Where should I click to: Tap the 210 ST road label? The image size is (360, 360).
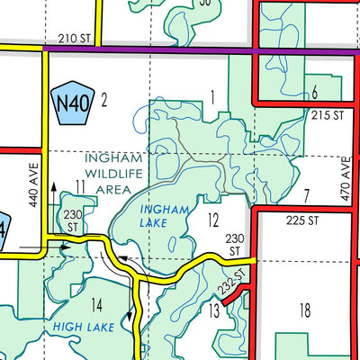[75, 39]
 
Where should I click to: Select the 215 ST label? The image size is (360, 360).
[328, 115]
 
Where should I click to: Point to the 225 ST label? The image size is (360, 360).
[302, 219]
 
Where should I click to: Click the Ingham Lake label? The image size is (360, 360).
[166, 217]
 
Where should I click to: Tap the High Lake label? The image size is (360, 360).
[83, 327]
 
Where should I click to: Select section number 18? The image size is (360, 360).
[304, 310]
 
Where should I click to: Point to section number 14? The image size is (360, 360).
[97, 303]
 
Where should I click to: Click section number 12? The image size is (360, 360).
[213, 220]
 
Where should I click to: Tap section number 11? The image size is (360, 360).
[80, 186]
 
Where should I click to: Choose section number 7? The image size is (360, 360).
[306, 194]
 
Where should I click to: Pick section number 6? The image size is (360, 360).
[314, 93]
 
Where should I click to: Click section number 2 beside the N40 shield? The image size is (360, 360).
[104, 99]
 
